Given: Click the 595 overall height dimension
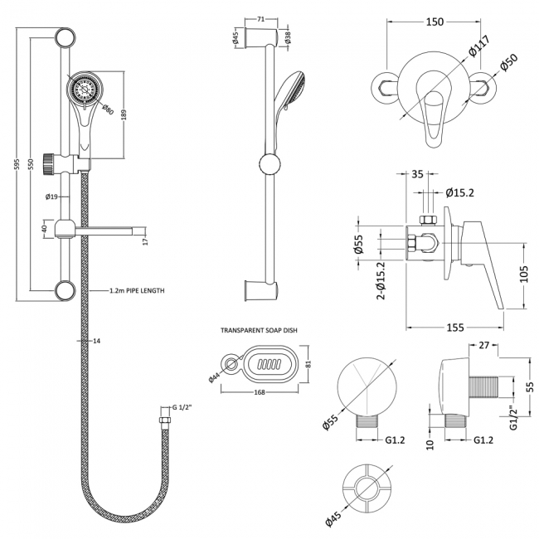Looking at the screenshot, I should pos(16,165).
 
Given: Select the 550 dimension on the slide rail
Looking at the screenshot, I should pos(32,165).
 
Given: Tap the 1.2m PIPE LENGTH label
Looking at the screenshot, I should pos(137,291).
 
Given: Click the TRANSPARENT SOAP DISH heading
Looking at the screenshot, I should pos(259,330).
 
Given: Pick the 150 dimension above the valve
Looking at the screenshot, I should pos(435,22).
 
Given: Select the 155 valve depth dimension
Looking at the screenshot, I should pos(454,327).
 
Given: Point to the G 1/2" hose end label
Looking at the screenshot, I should pos(182,408).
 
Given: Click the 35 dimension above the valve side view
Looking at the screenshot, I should pos(416,175).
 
